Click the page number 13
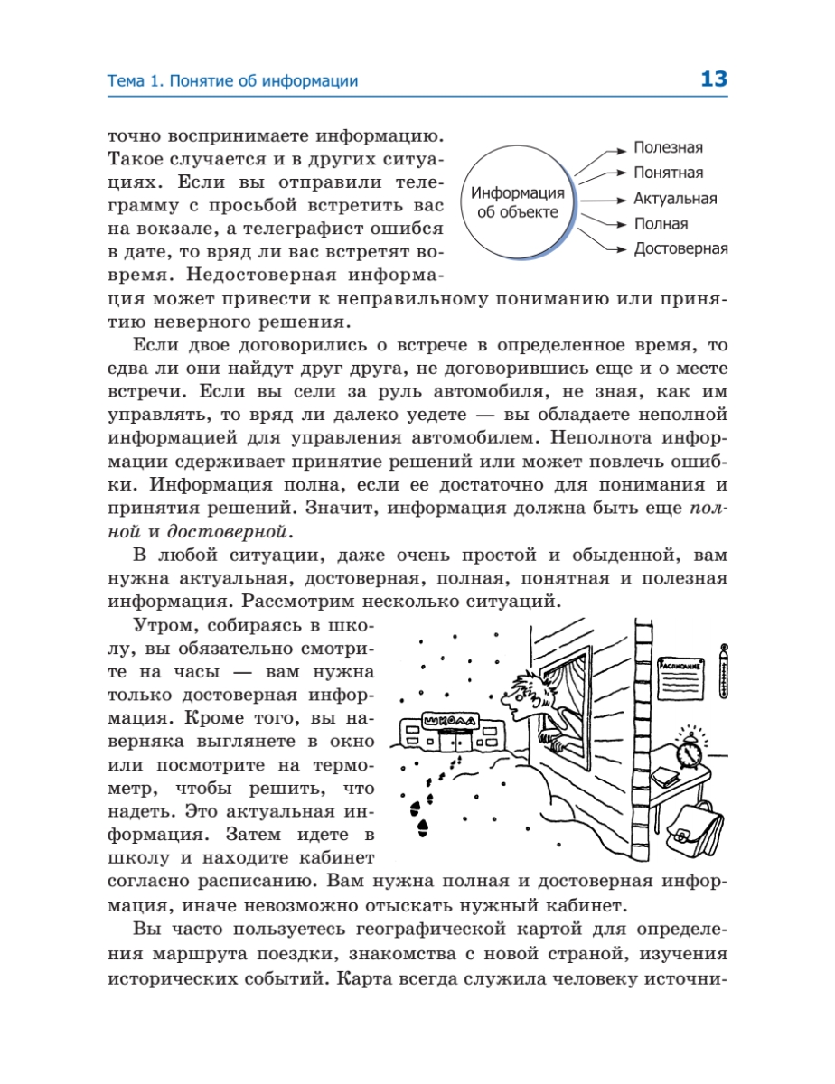(x=713, y=79)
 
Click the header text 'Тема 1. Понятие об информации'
(x=232, y=81)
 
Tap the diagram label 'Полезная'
(x=668, y=148)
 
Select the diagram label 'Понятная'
(x=668, y=173)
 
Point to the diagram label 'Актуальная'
(x=675, y=199)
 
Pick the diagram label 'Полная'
(x=661, y=224)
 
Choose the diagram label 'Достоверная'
(x=680, y=249)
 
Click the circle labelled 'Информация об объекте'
(x=519, y=203)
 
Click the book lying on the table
(x=666, y=774)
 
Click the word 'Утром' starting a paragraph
(x=162, y=624)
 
